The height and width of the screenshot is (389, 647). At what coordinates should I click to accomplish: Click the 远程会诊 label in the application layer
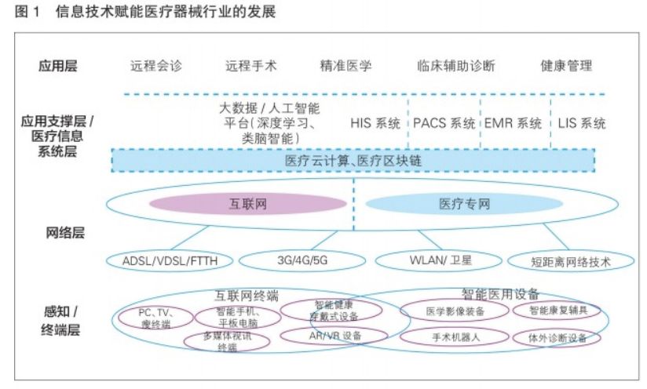(x=156, y=66)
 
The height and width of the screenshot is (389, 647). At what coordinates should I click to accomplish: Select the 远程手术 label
(x=250, y=66)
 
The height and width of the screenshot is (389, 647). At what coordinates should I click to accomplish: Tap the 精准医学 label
(x=345, y=66)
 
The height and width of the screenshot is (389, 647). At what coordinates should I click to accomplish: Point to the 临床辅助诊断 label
(x=456, y=66)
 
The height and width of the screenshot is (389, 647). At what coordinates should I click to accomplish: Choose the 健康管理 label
(x=565, y=66)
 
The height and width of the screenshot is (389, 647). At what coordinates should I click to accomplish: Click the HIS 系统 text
(x=375, y=123)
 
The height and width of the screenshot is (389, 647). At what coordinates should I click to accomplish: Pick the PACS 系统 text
(x=444, y=123)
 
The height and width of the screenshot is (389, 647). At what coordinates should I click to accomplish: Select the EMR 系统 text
(x=513, y=123)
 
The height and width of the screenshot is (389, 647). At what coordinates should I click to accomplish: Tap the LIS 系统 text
(x=582, y=123)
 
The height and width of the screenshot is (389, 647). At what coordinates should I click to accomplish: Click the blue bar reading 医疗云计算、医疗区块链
(x=353, y=161)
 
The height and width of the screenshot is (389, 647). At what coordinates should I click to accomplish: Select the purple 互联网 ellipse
(x=248, y=204)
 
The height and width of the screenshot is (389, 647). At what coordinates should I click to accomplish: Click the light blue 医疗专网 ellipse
(x=463, y=205)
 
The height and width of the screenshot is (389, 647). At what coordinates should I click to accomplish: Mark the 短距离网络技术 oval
(x=571, y=261)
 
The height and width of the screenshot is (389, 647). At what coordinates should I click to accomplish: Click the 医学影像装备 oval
(x=455, y=311)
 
